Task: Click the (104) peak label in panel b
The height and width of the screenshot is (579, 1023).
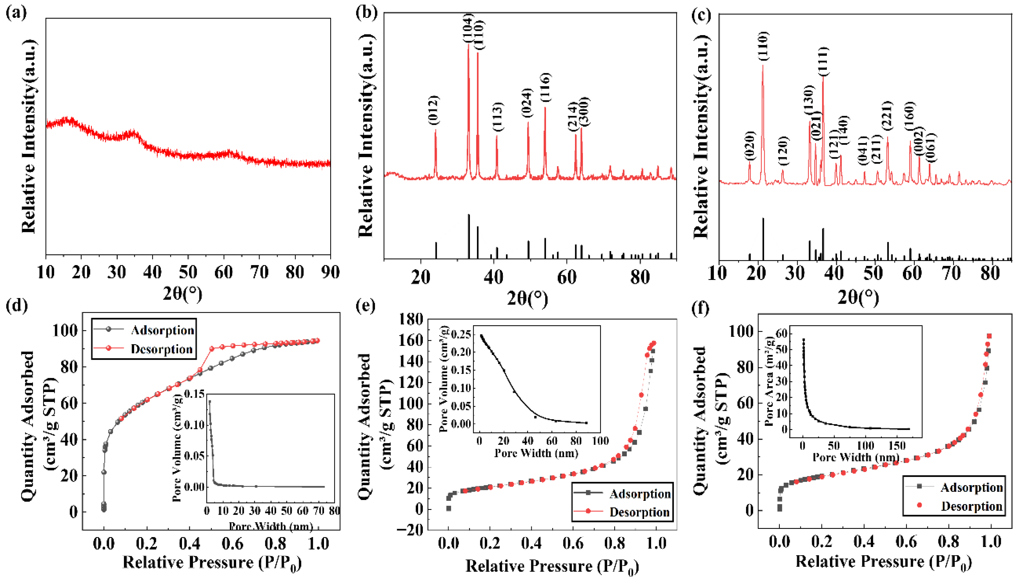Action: pyautogui.click(x=468, y=28)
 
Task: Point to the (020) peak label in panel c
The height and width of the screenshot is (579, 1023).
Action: pyautogui.click(x=749, y=146)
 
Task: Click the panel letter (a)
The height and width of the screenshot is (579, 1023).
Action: pyautogui.click(x=16, y=13)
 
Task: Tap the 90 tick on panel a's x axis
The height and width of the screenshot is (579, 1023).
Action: pyautogui.click(x=330, y=273)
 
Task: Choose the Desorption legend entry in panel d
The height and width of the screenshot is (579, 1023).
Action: pyautogui.click(x=162, y=349)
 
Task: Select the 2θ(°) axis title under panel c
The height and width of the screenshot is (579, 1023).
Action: pyautogui.click(x=858, y=297)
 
